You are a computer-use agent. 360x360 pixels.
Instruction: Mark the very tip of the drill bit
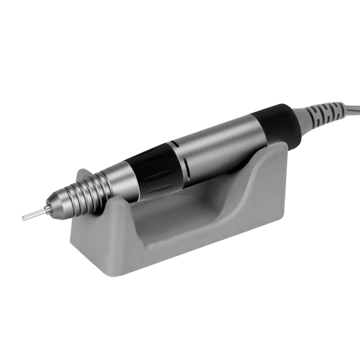(x=23, y=217)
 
